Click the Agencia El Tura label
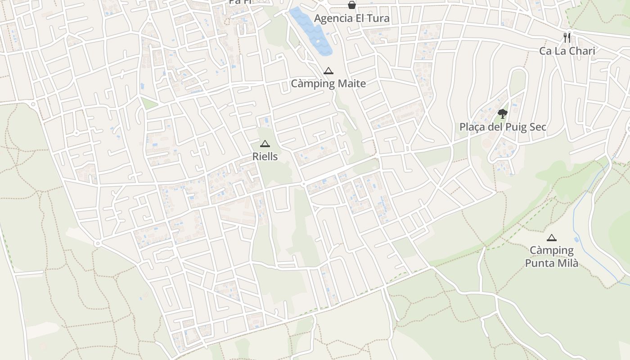(351, 18)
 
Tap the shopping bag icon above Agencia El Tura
(351, 5)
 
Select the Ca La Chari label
(567, 51)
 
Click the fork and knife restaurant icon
(567, 37)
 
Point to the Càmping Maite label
(328, 83)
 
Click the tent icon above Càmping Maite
(328, 71)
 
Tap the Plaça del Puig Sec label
(503, 127)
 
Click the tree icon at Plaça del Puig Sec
(502, 113)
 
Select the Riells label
(265, 157)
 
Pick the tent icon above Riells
(265, 144)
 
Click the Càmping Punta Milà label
(552, 256)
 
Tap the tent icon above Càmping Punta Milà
(552, 238)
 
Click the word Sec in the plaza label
(538, 127)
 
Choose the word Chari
(580, 51)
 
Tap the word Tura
(378, 18)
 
